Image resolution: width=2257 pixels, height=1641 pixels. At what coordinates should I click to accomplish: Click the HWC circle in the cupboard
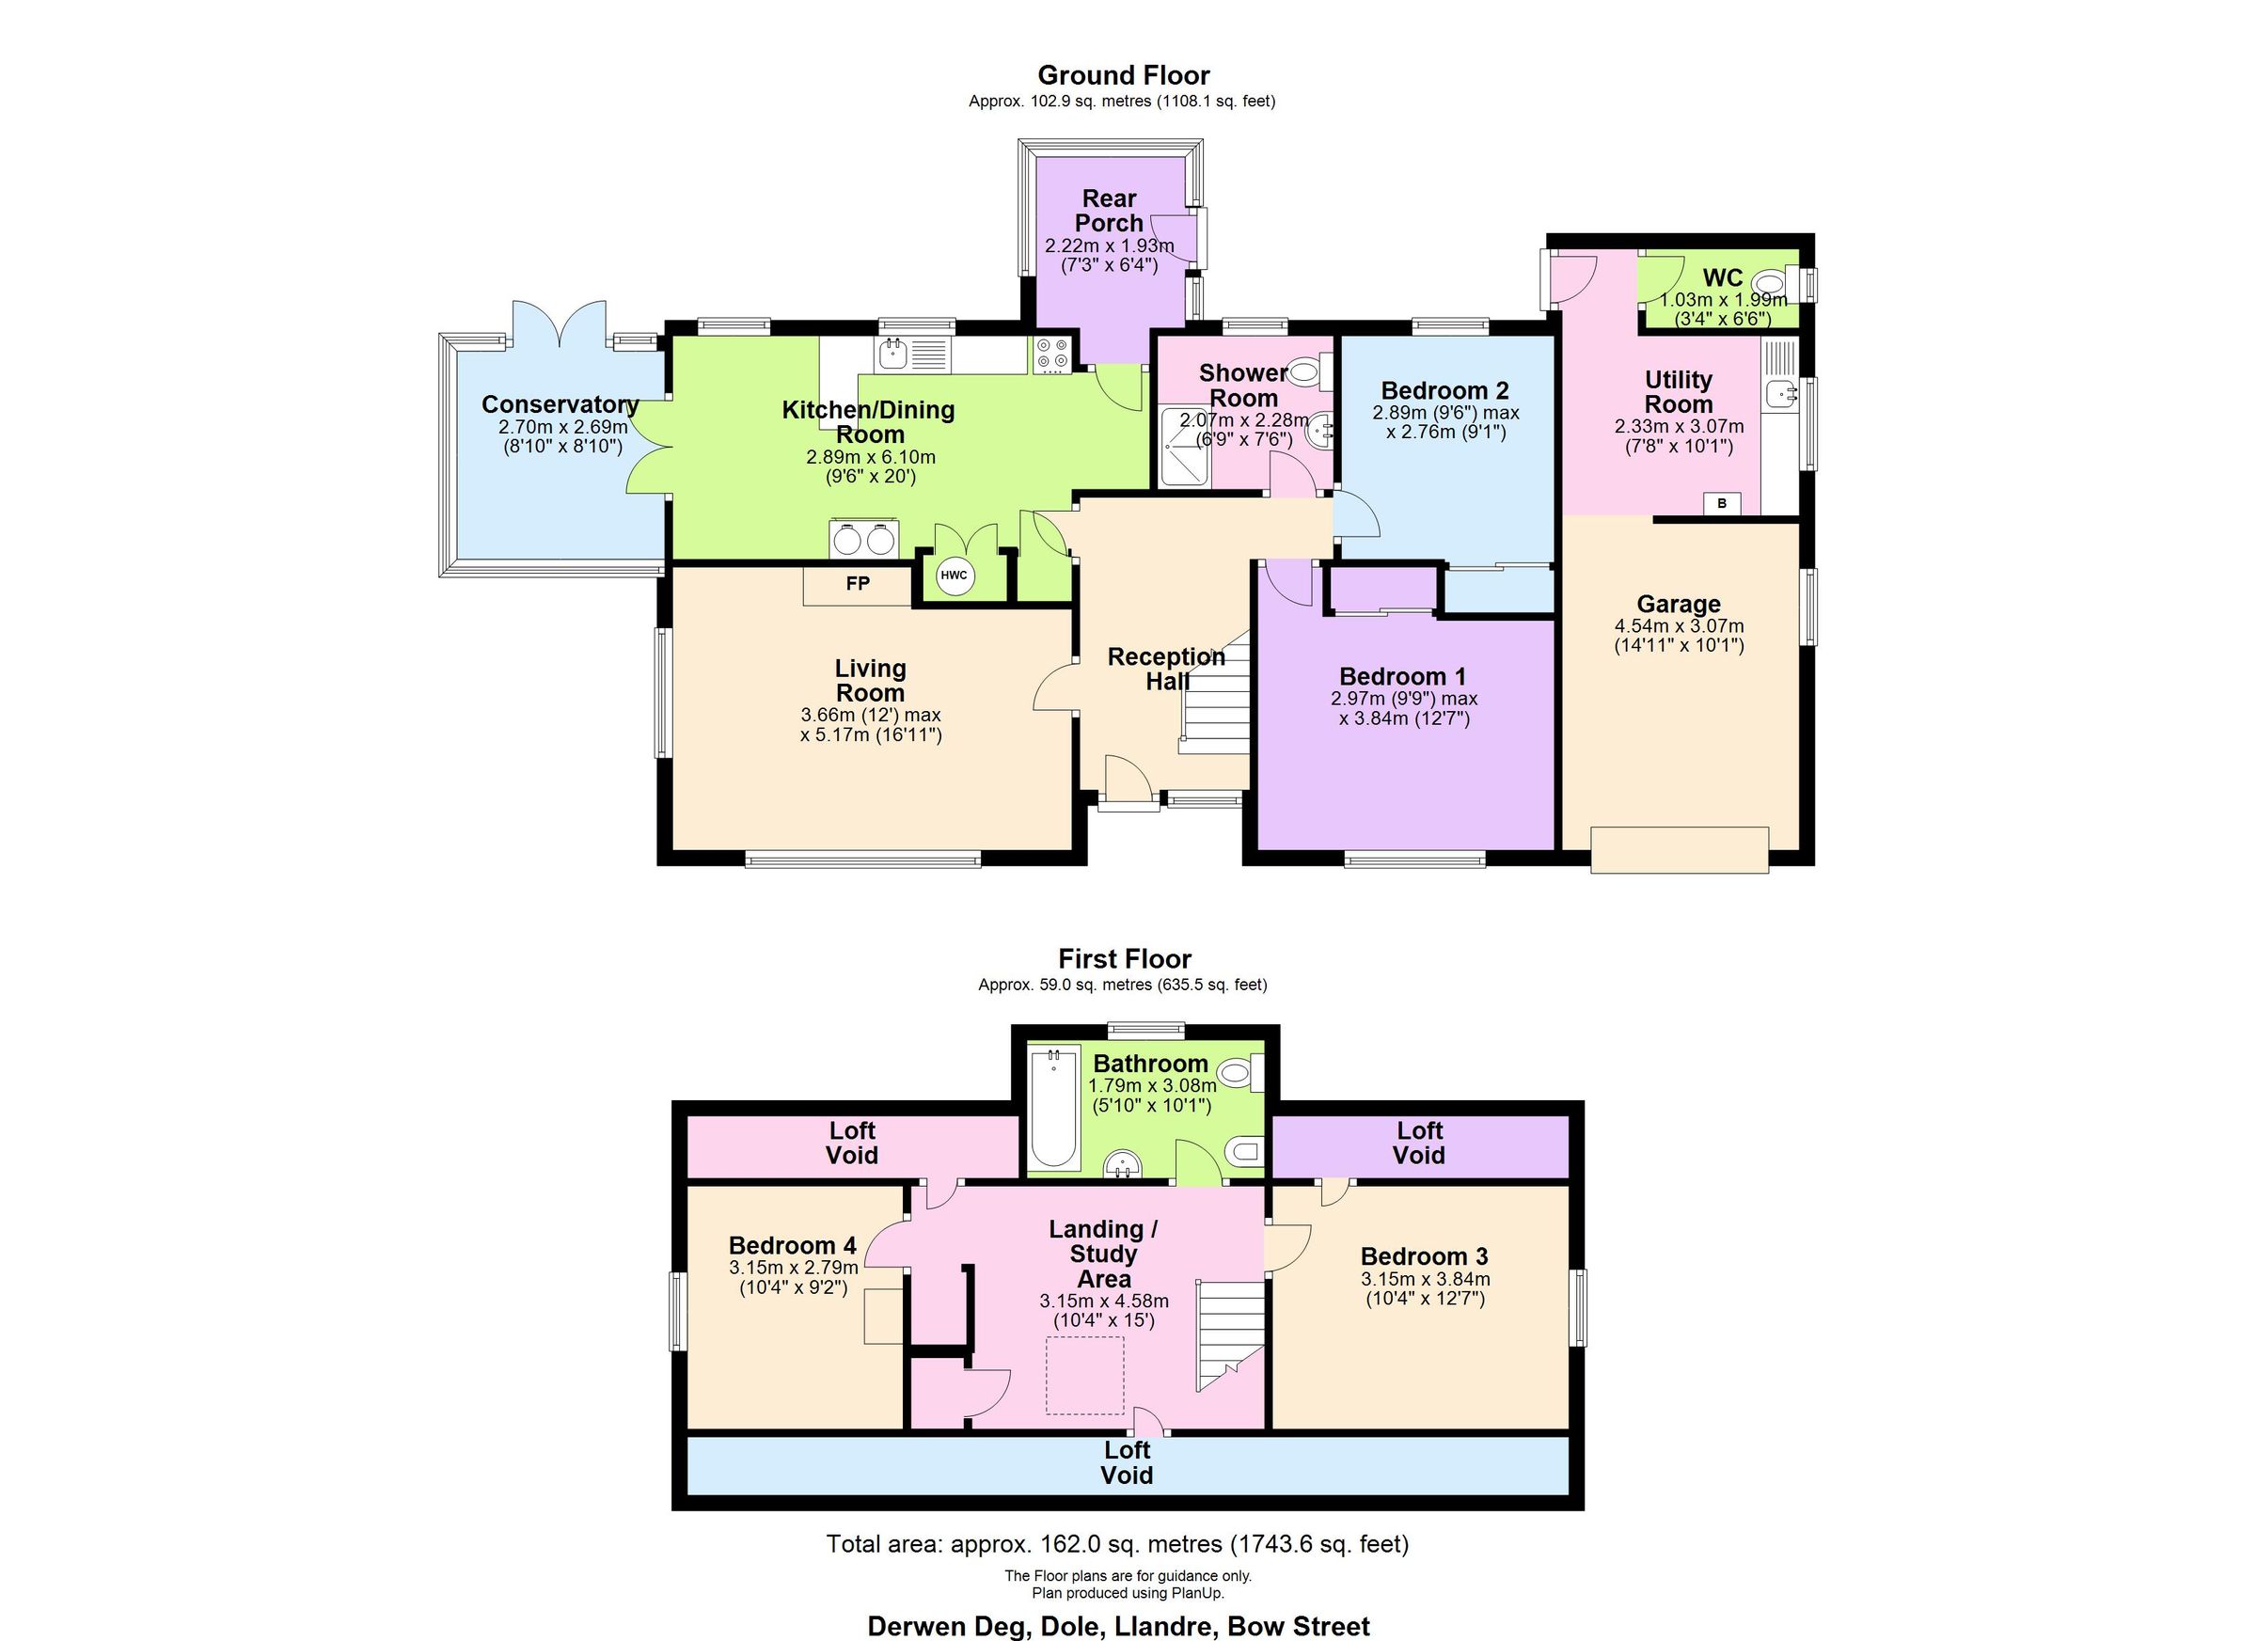coord(954,576)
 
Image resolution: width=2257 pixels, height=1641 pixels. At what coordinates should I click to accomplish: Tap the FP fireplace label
coord(857,583)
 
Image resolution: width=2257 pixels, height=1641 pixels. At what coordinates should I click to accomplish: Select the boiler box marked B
coord(1722,503)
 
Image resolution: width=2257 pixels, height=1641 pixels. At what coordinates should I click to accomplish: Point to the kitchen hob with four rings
coord(1052,354)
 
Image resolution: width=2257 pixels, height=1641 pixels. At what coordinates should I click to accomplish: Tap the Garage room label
coord(1678,604)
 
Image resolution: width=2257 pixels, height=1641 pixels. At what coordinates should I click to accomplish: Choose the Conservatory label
coord(560,404)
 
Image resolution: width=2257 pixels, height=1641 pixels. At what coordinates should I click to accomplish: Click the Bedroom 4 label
coord(792,1245)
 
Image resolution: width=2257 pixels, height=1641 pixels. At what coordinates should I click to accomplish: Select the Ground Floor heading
coord(1124,75)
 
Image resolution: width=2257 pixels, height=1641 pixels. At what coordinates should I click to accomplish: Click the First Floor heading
coord(1125,958)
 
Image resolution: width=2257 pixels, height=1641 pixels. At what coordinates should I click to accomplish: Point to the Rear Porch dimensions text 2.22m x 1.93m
coord(1109,245)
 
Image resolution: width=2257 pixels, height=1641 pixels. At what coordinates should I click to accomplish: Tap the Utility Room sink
coord(1780,393)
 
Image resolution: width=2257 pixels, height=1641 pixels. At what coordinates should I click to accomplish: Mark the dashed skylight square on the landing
coord(1083,1375)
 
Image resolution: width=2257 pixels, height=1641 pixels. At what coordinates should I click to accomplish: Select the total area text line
coord(1116,1543)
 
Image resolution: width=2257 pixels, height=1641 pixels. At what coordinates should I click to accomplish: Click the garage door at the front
coord(1679,849)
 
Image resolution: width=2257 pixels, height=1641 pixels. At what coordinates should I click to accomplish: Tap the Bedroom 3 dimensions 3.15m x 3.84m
coord(1425,1279)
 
